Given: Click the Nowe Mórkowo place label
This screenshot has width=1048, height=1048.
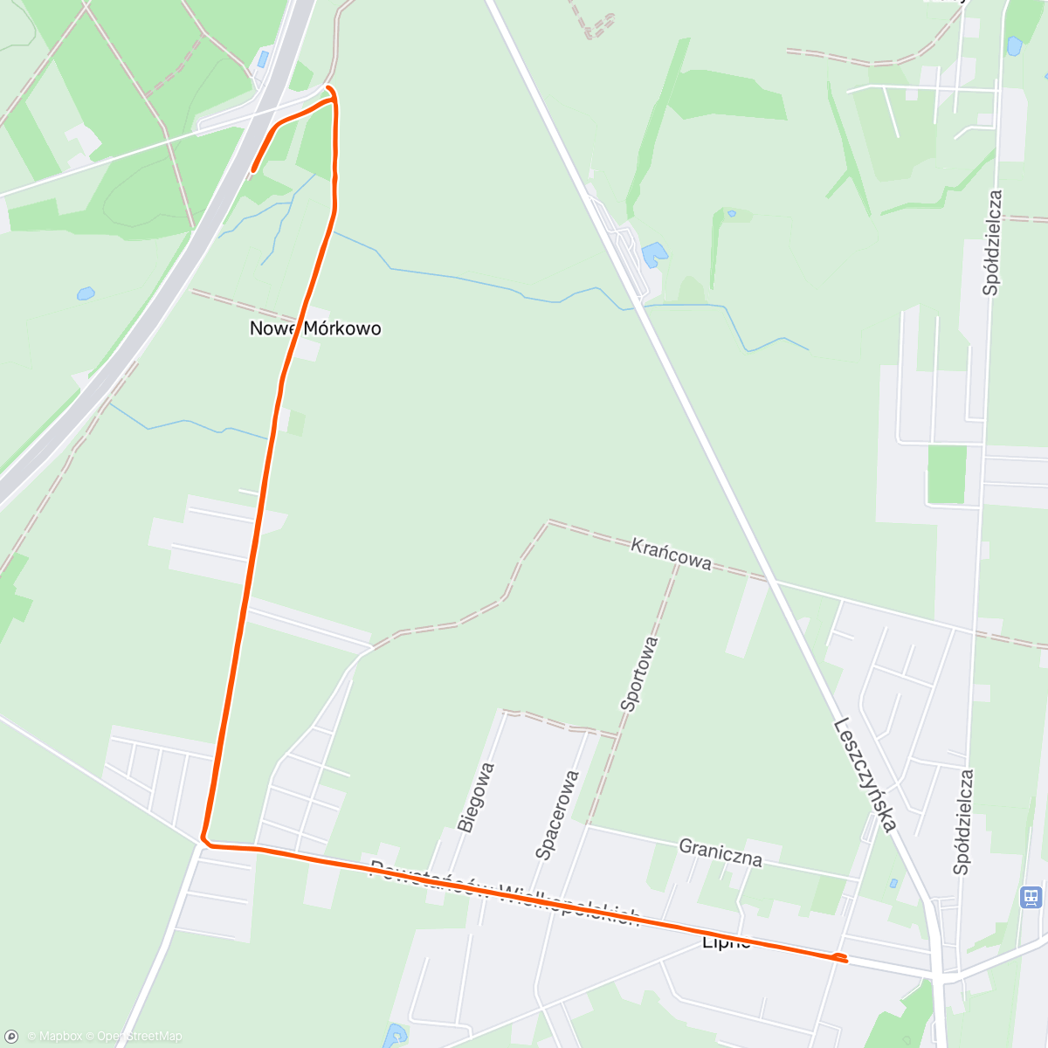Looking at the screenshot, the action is (x=315, y=328).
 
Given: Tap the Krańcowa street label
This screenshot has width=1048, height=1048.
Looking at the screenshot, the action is (x=671, y=554).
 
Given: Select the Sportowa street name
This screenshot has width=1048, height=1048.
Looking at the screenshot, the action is (x=639, y=673).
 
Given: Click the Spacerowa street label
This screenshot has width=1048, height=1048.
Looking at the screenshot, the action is (x=557, y=815).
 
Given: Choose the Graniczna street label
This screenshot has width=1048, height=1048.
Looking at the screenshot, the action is (x=720, y=852).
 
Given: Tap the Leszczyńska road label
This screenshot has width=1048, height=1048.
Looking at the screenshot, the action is (x=865, y=774).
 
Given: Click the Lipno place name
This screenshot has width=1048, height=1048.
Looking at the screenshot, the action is (x=727, y=943).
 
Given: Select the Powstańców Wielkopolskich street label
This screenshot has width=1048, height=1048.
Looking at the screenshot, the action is (x=505, y=894).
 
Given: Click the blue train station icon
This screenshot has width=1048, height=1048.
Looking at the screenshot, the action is (x=1031, y=897).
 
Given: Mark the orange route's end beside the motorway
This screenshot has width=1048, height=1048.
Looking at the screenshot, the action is (x=253, y=170).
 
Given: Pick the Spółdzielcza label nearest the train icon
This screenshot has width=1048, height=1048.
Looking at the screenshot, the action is (x=963, y=821).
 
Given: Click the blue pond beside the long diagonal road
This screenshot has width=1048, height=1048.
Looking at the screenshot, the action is (x=653, y=255).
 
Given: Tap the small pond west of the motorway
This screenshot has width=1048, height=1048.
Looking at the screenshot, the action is (x=85, y=293).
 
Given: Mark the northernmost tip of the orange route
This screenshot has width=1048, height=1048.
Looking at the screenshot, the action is (x=329, y=87).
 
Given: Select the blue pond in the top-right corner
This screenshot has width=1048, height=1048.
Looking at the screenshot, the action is (x=1014, y=45).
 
